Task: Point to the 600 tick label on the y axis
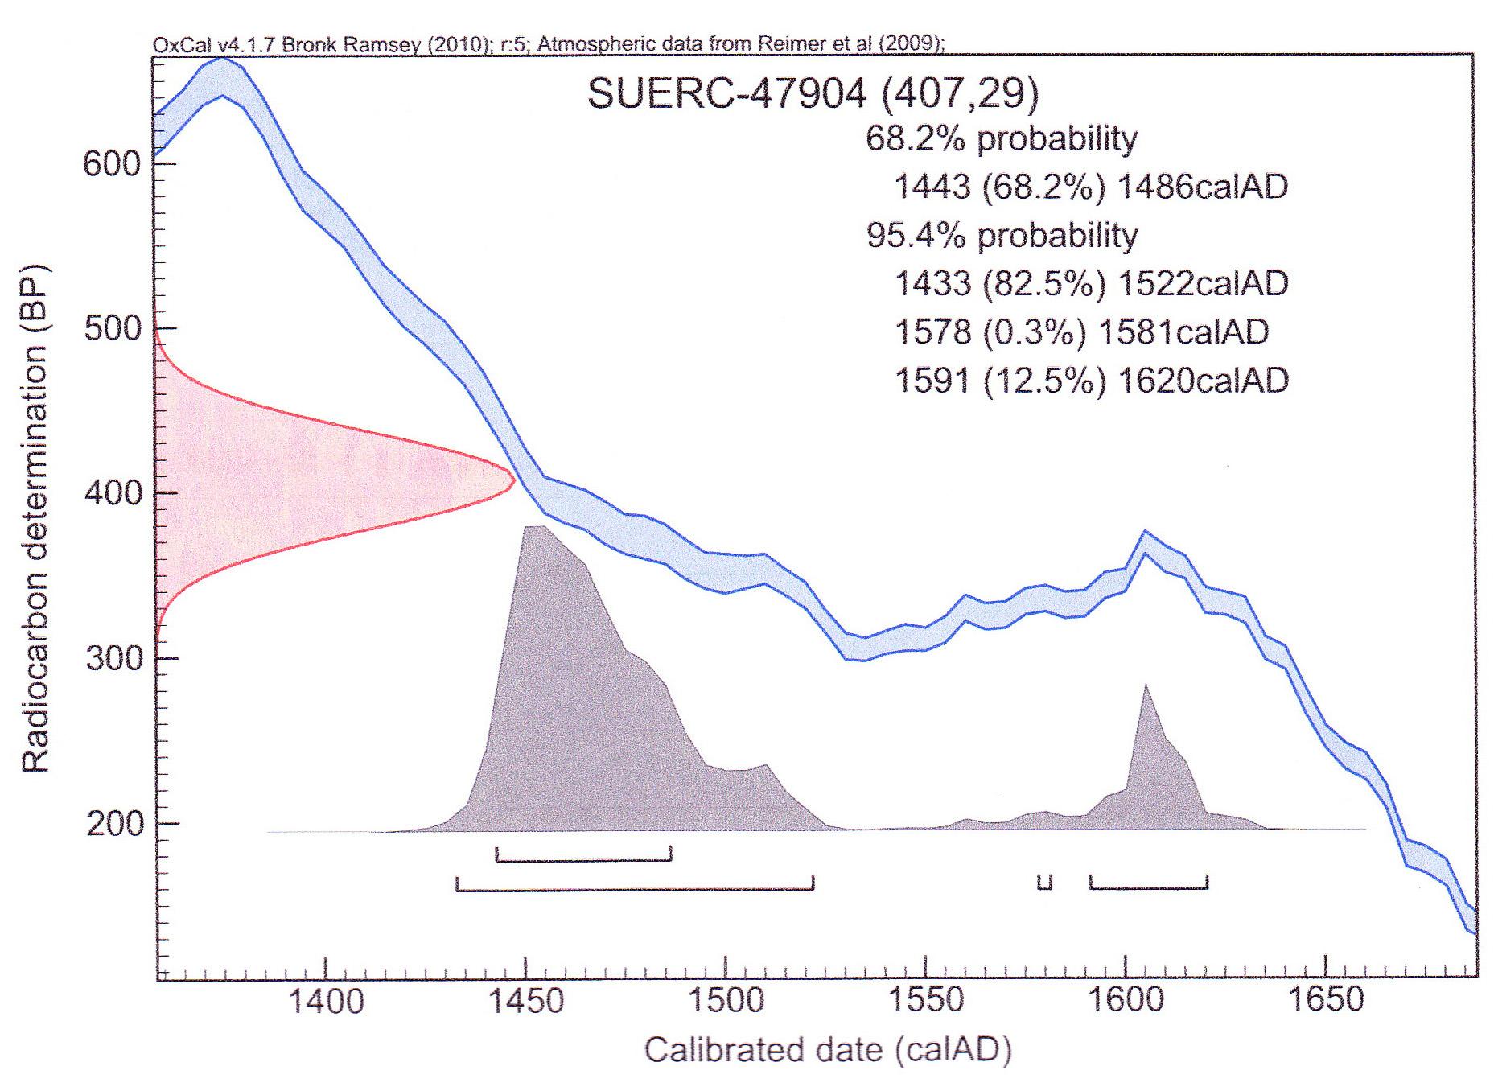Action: pos(112,164)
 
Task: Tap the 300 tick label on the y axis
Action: pos(112,659)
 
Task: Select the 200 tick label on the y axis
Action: pos(112,824)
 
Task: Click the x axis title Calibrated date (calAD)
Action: pos(827,1050)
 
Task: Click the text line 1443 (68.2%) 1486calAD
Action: pos(1090,187)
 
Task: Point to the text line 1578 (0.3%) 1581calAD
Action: pos(1081,331)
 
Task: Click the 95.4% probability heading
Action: pos(1002,235)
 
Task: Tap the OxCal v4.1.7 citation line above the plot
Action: pos(547,44)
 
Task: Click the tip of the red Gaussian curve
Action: pos(513,481)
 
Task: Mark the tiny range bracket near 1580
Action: pos(1044,883)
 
